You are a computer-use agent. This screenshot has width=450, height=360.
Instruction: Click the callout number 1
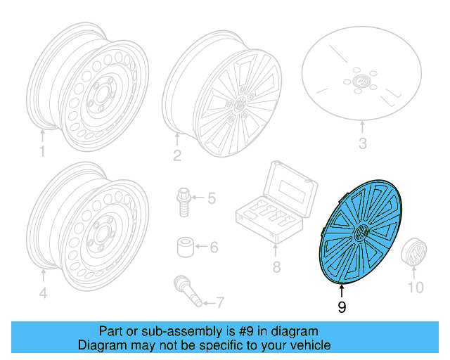pos(42,152)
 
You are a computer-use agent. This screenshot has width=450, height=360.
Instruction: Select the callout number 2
pos(177,155)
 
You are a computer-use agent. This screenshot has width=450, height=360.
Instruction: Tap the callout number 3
pos(363,146)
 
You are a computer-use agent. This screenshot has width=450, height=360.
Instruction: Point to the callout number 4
pos(43,294)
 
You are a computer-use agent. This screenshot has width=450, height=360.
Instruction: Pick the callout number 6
pos(214,247)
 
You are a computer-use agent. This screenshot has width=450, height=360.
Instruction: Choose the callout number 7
pos(219,303)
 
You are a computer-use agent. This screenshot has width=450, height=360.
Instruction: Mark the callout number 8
pos(276,267)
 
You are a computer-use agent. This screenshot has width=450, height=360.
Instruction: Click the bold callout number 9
pos(342,307)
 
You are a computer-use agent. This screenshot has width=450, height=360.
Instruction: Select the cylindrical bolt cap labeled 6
pos(185,247)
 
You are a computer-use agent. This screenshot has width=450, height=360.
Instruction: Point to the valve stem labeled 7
pos(187,291)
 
